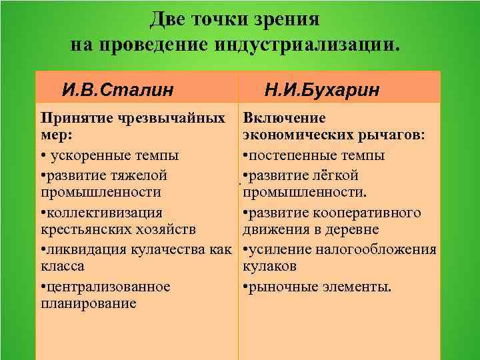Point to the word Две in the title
167,19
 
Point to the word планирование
88,304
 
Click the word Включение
284,119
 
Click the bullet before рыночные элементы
246,288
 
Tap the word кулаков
269,267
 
